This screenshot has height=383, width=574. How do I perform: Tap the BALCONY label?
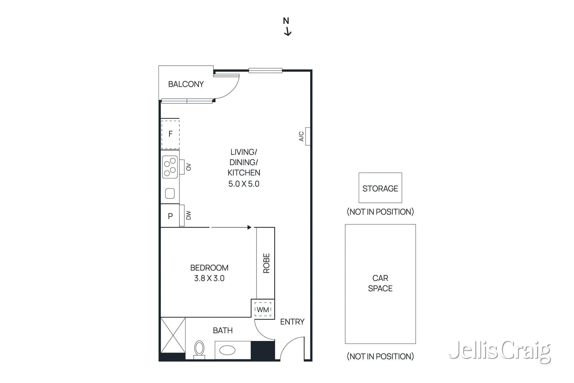pos(186,84)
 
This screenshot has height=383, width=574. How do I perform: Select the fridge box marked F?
pos(170,134)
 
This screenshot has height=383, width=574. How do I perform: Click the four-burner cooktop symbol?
pos(170,167)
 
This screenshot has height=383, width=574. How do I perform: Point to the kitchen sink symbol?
pos(170,194)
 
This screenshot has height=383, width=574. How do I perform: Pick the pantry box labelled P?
pos(170,216)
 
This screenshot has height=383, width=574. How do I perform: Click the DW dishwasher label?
pos(189,215)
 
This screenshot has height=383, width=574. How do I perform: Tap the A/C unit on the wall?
pos(307,136)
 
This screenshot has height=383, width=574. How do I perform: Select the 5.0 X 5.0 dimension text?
pos(244,184)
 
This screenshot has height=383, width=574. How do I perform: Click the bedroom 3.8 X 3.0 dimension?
pos(209,278)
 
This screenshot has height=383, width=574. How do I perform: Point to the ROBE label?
pos(266,263)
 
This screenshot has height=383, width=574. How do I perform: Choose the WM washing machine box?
pos(263,309)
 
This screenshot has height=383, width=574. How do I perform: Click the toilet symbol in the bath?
pos(199,349)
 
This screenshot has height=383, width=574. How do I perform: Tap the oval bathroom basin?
pos(227,350)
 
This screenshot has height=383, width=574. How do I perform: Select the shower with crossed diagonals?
pos(173,335)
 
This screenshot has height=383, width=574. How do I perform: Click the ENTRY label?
pos(292,322)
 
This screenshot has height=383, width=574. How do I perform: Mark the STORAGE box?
pos(380,188)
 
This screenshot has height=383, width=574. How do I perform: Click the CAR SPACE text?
pos(380,283)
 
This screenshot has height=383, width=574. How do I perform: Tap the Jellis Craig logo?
pos(500,351)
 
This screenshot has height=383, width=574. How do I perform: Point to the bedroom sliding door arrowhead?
pos(249,227)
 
